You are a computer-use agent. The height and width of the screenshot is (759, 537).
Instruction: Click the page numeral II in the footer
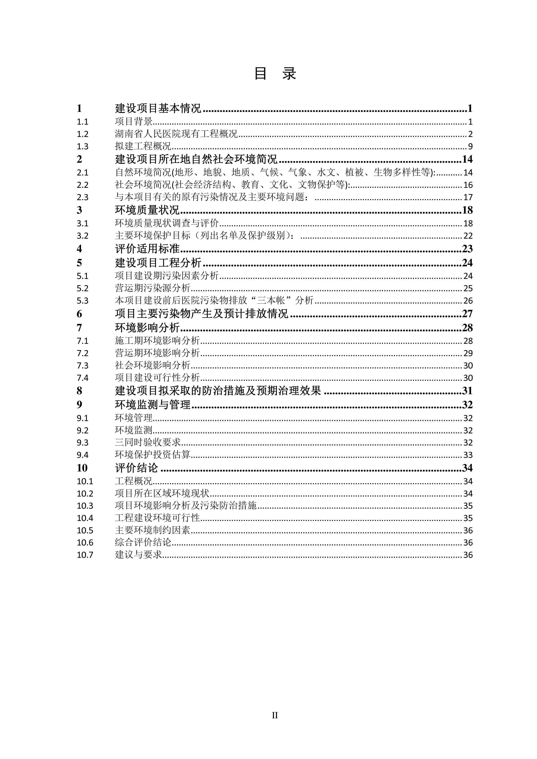[x=275, y=715]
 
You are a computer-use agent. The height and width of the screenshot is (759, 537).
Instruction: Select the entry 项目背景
[x=134, y=122]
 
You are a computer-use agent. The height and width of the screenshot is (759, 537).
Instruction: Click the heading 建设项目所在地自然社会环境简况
[x=196, y=159]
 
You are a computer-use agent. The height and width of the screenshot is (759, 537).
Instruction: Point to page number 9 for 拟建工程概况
[x=470, y=146]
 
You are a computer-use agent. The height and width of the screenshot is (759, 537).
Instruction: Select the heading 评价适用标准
[x=147, y=249]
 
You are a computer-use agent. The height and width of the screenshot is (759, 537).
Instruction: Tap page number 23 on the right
[x=467, y=249]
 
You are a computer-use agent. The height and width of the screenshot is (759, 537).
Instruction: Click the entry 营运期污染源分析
[x=153, y=288]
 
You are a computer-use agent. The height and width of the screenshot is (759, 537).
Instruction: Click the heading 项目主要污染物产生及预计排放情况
[x=201, y=313]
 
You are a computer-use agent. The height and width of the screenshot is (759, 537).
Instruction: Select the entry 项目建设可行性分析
[x=157, y=378]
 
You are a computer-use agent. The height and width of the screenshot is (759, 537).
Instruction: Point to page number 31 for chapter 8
[x=467, y=391]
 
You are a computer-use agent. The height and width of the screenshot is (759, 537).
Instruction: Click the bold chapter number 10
[x=82, y=468]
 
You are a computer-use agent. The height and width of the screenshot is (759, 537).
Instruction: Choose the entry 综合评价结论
[x=143, y=542]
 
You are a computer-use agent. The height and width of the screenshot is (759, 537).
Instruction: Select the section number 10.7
[x=85, y=555]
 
